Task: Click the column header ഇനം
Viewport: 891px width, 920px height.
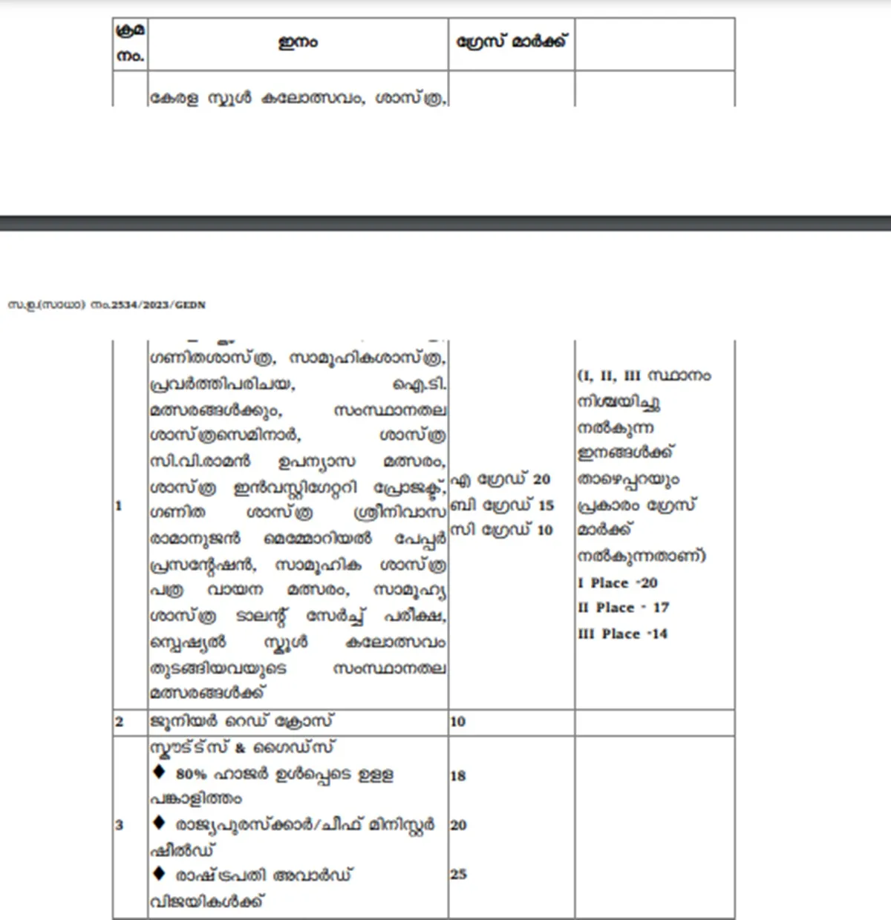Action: pos(298,43)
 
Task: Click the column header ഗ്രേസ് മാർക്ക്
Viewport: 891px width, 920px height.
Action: pos(511,42)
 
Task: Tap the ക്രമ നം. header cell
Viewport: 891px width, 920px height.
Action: pos(131,43)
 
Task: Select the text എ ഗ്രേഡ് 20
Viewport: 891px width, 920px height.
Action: pos(501,479)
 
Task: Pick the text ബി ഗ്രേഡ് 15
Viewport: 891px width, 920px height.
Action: pos(503,505)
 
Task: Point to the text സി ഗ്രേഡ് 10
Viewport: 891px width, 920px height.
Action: pos(503,530)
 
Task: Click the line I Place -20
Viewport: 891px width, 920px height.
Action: pos(618,583)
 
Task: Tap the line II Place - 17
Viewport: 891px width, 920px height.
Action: pos(624,608)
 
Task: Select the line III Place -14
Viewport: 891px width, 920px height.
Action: pos(623,634)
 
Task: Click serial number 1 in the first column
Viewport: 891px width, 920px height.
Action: pos(119,506)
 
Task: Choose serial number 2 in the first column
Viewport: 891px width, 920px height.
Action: pos(119,722)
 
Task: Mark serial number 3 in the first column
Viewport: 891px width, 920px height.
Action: pos(119,825)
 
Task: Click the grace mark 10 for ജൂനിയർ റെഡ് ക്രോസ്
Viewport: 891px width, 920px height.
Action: pos(457,722)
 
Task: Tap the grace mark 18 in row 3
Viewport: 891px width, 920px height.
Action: pos(457,776)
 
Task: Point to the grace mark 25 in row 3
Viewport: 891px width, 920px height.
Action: pos(458,874)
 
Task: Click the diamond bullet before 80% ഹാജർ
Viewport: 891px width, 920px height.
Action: pos(159,772)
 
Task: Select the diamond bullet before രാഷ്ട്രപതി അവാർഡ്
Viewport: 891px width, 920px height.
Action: pos(159,873)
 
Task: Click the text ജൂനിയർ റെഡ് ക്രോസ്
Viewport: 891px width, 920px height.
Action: pos(242,721)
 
